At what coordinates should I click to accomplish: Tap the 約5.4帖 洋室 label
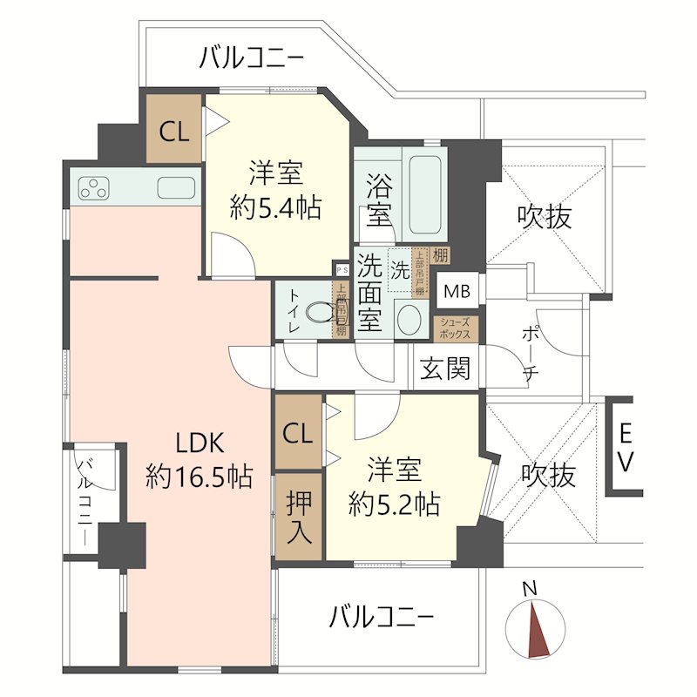pos(276,190)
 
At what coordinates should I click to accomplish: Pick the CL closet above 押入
pos(298,433)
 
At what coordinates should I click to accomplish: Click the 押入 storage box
pos(298,518)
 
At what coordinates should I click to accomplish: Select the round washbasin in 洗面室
pos(407,319)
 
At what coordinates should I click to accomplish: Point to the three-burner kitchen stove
pos(94,187)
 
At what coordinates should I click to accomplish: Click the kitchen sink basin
pos(177,187)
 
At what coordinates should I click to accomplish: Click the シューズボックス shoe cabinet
pos(456,328)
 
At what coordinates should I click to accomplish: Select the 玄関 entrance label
pos(445,370)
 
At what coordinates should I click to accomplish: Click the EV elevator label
pos(626,446)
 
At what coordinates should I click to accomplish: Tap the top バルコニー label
pos(251,59)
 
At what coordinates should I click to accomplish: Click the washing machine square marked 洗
pos(400,269)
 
